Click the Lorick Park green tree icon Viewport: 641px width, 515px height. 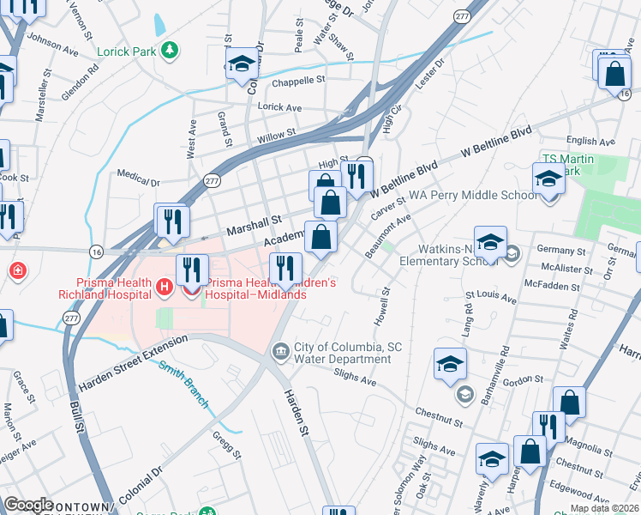point(170,51)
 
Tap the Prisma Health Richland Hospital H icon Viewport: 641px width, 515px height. point(163,287)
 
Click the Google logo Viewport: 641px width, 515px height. point(28,505)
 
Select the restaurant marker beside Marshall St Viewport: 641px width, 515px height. point(171,221)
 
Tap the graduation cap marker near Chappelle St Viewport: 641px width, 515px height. point(243,64)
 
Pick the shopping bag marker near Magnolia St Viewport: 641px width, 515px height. point(530,451)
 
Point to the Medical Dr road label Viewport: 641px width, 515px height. point(139,181)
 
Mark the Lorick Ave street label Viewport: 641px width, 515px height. point(279,108)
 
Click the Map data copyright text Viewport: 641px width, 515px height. point(605,508)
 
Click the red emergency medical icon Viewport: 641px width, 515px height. point(17,271)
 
